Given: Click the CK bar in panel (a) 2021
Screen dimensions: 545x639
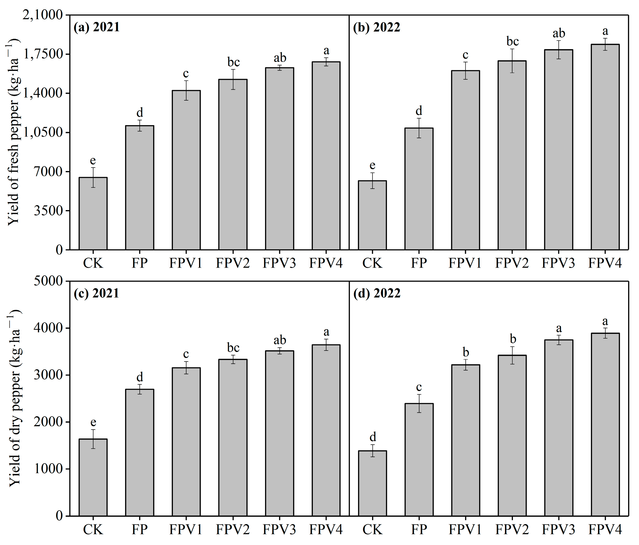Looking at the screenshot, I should click(93, 214).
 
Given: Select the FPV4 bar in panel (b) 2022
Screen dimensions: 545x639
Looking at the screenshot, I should click(605, 147).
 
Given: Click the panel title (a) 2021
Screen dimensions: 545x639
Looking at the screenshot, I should click(97, 27).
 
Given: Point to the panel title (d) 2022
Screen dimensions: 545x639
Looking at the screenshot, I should click(377, 293).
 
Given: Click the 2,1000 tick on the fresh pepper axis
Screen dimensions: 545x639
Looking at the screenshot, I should click(43, 15).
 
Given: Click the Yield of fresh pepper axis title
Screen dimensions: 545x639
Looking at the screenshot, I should click(14, 133).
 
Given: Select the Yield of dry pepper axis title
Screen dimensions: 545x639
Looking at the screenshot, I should click(14, 398).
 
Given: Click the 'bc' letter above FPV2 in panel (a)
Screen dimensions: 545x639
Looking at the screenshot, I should click(233, 62).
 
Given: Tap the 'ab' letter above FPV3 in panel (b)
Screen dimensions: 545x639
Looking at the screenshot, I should click(558, 33).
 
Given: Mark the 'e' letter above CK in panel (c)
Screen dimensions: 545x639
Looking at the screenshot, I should click(93, 422).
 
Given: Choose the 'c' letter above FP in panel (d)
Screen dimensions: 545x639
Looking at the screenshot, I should click(419, 387).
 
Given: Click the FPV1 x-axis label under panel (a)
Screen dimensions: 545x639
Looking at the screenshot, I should click(186, 263).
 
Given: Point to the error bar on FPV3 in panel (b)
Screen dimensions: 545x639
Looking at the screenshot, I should click(558, 49).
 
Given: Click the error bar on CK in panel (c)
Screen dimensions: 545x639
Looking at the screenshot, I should click(93, 439).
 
